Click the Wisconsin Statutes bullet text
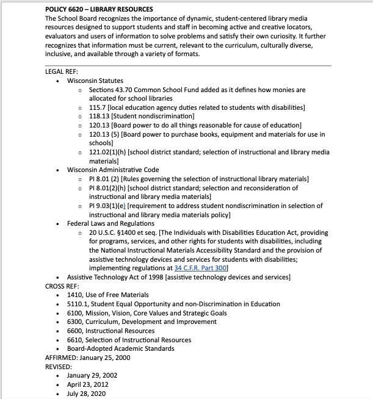point(95,81)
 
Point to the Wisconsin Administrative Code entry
point(113,170)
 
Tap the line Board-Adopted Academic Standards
point(121,349)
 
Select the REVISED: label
point(59,367)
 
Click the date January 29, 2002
point(92,376)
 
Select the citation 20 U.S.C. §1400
point(112,232)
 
